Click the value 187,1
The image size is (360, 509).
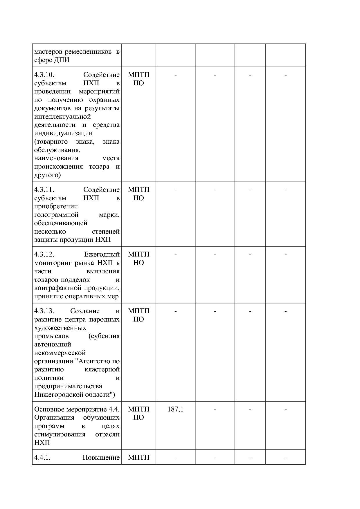(175, 409)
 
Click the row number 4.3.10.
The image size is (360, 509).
(44, 75)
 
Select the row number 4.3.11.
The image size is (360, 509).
(44, 190)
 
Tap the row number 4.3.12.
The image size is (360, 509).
(44, 255)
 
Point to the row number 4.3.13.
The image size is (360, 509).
(44, 311)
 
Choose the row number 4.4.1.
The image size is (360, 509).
(42, 458)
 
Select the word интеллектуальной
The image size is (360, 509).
(62, 117)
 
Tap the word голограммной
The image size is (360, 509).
(56, 215)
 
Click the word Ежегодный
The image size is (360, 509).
(102, 255)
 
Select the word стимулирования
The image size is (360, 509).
(60, 434)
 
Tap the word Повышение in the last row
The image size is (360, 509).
(101, 458)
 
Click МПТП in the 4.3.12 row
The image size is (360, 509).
(138, 255)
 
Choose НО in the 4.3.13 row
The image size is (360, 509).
(138, 320)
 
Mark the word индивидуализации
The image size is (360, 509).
(63, 133)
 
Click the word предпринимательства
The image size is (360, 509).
(68, 386)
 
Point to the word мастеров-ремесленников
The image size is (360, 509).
(73, 52)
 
